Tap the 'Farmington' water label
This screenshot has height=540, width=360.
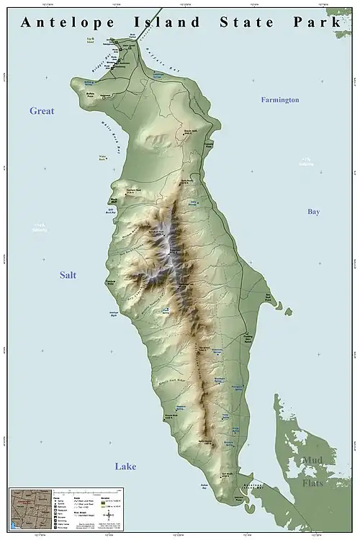click(x=279, y=100)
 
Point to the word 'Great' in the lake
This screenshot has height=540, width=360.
click(x=42, y=111)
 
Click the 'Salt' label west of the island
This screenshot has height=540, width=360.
click(x=68, y=275)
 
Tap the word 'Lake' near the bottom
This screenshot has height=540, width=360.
click(x=125, y=467)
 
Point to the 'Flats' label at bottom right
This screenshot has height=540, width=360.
click(x=313, y=477)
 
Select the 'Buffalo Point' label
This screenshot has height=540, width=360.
click(x=90, y=94)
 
